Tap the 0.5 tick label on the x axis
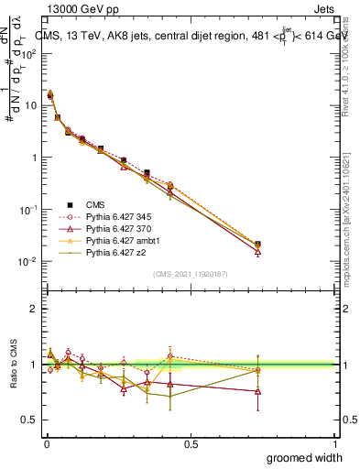[191, 442]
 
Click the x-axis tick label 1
[336, 442]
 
